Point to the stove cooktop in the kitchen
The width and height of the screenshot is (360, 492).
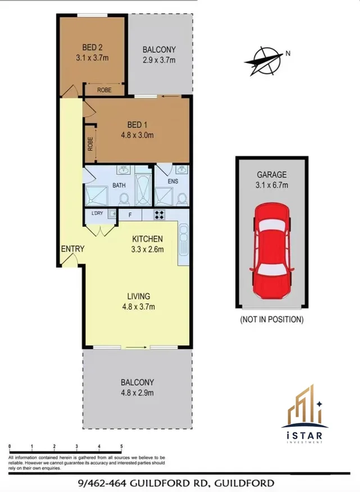pos(159,214)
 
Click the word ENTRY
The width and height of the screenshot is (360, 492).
pos(72,249)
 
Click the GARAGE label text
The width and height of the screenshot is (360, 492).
pos(272,175)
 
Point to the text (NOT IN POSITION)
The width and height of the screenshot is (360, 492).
pos(272,320)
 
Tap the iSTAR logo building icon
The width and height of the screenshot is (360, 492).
pos(305,406)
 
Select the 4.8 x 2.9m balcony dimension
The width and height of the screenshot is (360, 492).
pos(137,392)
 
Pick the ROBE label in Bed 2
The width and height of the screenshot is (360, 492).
pos(104,89)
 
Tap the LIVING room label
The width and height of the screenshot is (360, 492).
pos(138,296)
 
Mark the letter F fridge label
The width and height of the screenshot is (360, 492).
pos(130,214)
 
